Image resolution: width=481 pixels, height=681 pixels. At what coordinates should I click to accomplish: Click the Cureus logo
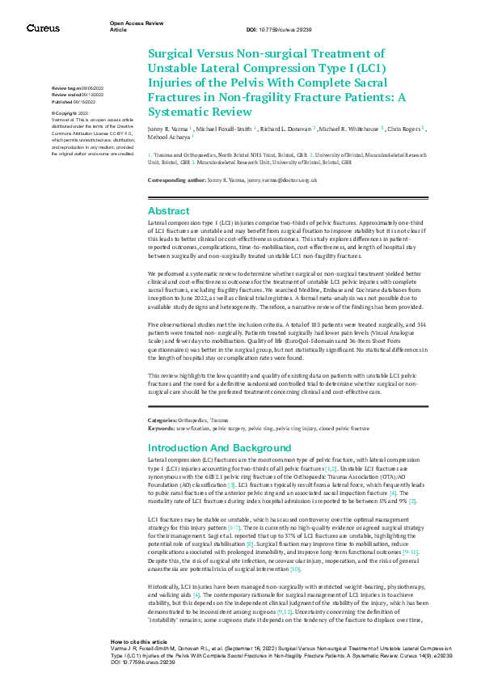point(43,28)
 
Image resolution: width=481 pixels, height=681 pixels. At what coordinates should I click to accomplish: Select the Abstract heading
point(168,210)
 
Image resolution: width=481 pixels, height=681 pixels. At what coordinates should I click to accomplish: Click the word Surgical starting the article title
point(172,53)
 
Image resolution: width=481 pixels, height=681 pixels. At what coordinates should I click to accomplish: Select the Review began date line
point(78,87)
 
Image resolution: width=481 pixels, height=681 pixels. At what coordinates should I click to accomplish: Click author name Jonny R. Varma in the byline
point(171,128)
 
